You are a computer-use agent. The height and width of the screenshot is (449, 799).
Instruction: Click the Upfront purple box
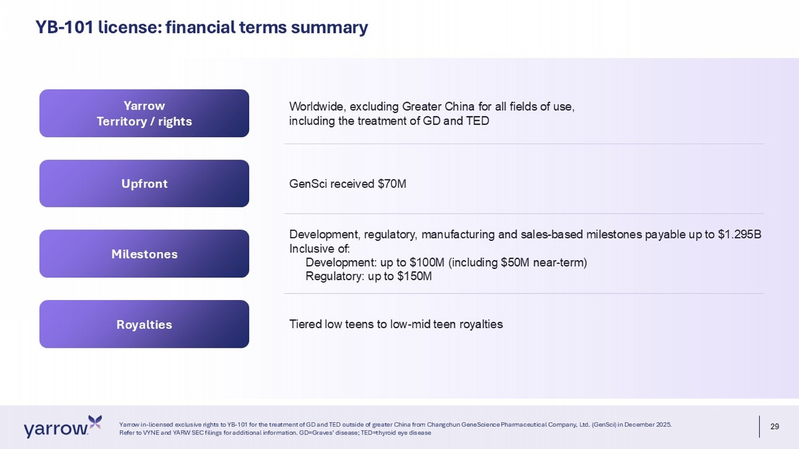144,184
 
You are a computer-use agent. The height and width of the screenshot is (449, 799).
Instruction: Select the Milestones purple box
144,254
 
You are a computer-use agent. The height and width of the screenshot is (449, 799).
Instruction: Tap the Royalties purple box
144,324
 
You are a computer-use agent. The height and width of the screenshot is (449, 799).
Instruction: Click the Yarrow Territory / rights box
144,113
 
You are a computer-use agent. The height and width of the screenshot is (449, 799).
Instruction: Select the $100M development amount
427,263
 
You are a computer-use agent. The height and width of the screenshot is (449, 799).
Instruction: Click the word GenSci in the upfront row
308,184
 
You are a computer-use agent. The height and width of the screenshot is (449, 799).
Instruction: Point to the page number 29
774,427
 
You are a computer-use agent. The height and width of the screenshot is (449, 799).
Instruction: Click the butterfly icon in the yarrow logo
95,421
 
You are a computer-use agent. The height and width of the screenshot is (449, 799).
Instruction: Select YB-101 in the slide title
64,27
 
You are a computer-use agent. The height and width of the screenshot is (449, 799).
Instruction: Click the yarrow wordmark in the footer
56,430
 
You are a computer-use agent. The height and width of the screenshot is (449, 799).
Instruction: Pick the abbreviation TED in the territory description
477,121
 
